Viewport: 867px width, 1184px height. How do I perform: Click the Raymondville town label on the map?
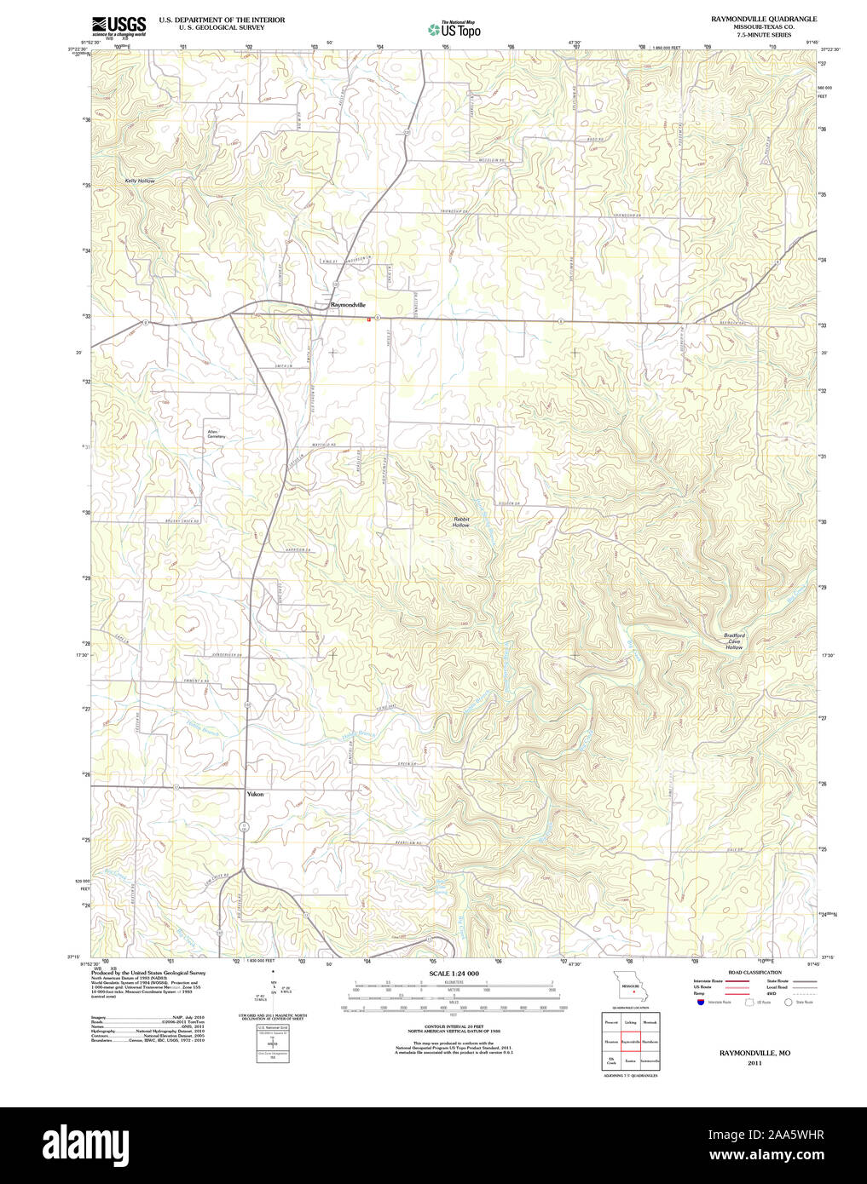click(x=348, y=304)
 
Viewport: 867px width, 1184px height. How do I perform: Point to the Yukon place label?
click(x=255, y=794)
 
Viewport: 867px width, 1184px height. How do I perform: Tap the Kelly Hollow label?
click(x=140, y=181)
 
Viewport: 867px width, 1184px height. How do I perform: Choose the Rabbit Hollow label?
click(x=461, y=522)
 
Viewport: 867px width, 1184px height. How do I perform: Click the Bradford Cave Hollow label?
click(x=734, y=641)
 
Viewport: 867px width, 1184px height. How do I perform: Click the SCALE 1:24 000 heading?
click(x=454, y=973)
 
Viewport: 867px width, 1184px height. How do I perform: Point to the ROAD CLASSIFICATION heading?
click(x=754, y=972)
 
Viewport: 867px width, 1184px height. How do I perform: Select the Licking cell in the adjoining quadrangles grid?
click(x=630, y=1021)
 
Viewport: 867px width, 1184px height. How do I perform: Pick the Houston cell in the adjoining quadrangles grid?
click(x=610, y=1041)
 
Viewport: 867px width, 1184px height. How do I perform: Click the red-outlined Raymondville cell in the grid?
click(x=630, y=1041)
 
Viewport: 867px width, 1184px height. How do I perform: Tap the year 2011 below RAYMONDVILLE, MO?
click(x=754, y=1063)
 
